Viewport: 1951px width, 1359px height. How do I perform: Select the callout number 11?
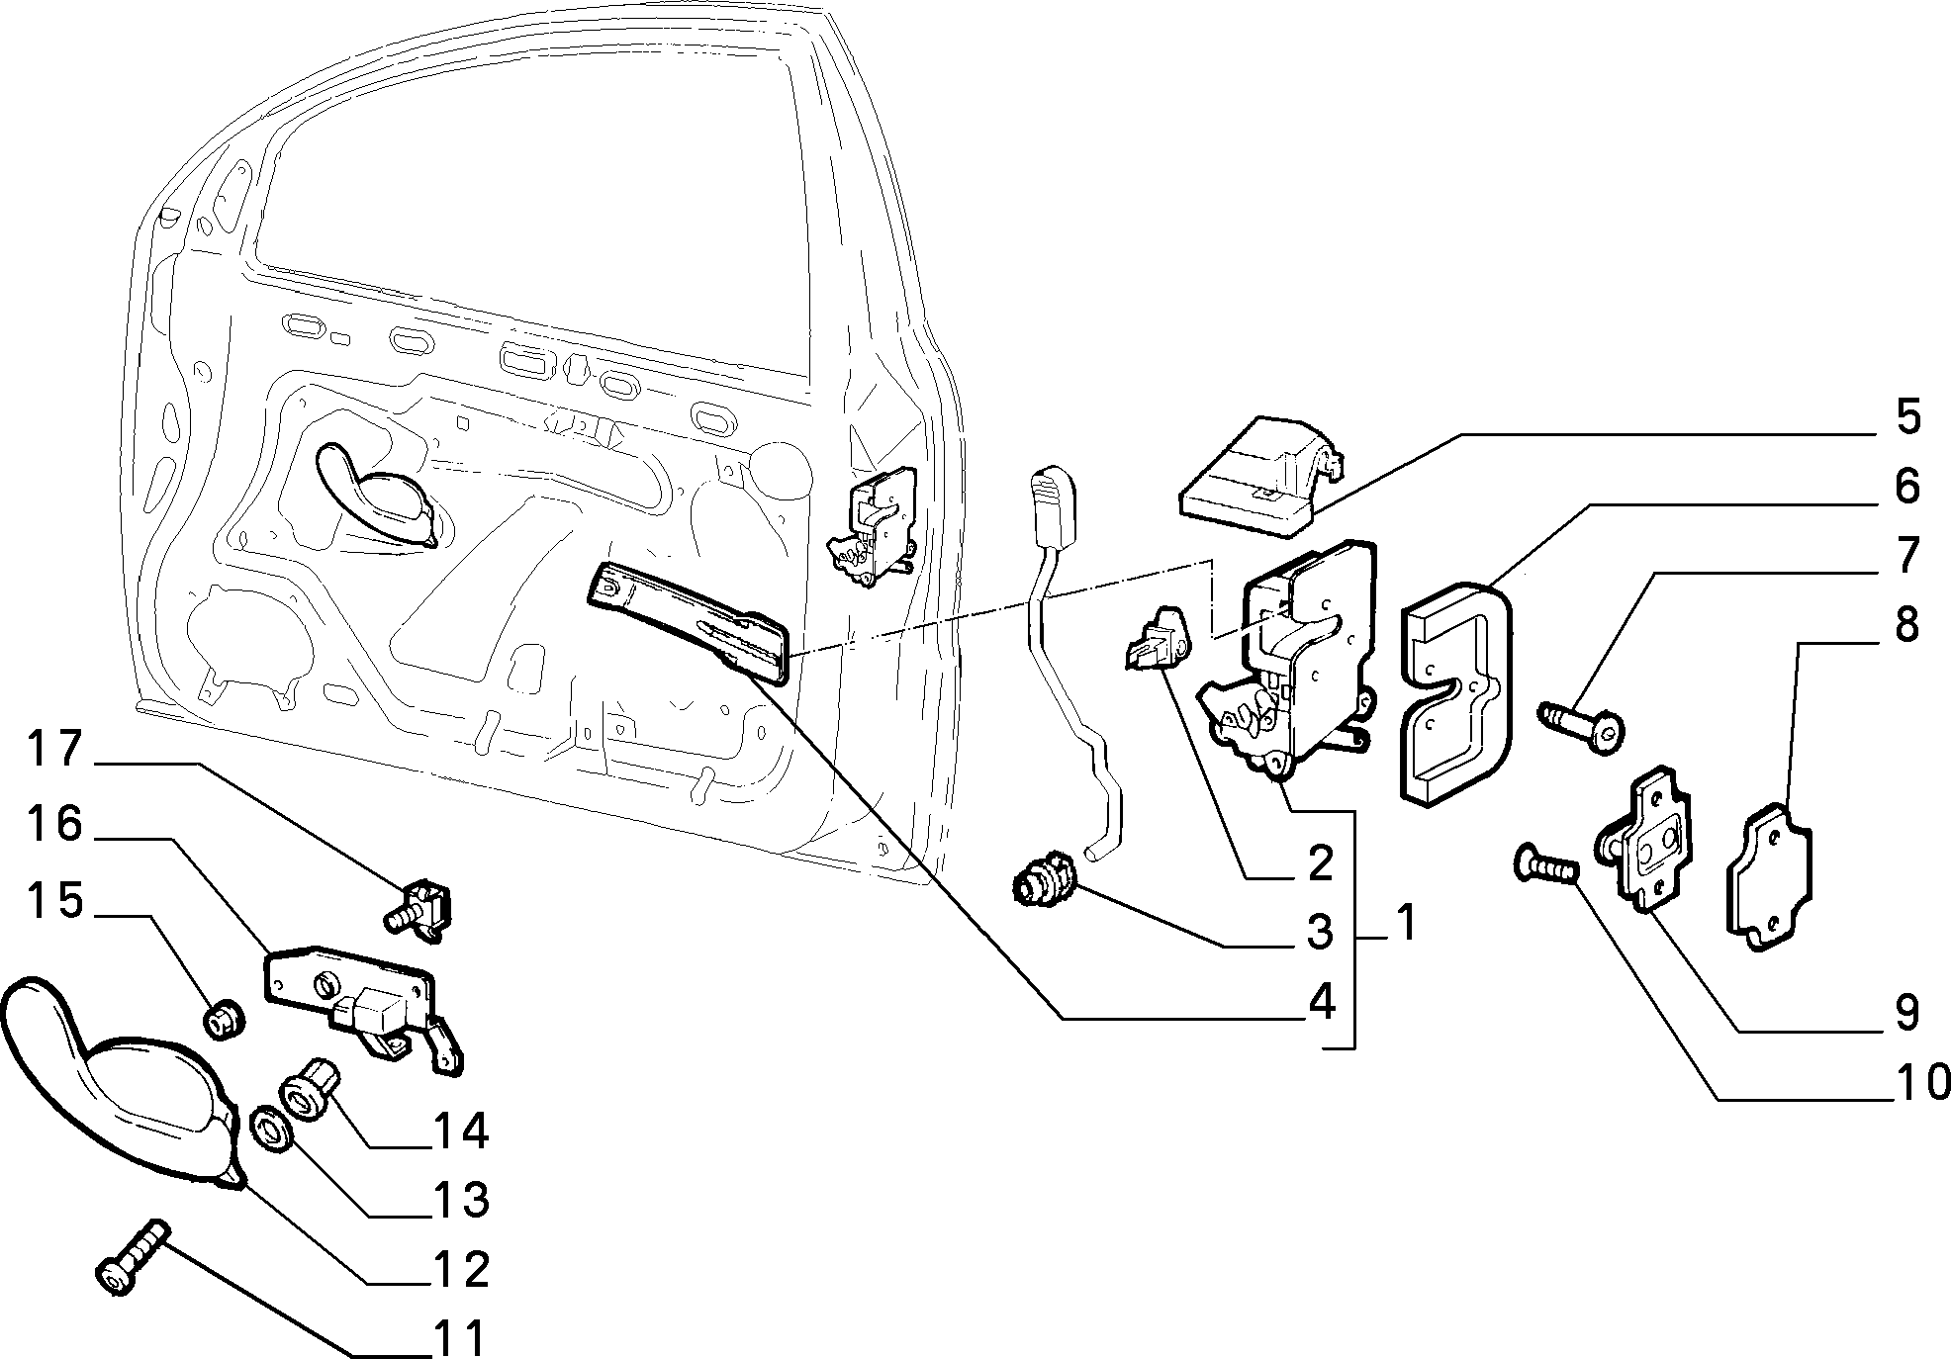click(460, 1339)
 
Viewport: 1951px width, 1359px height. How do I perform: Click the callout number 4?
click(1322, 1003)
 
